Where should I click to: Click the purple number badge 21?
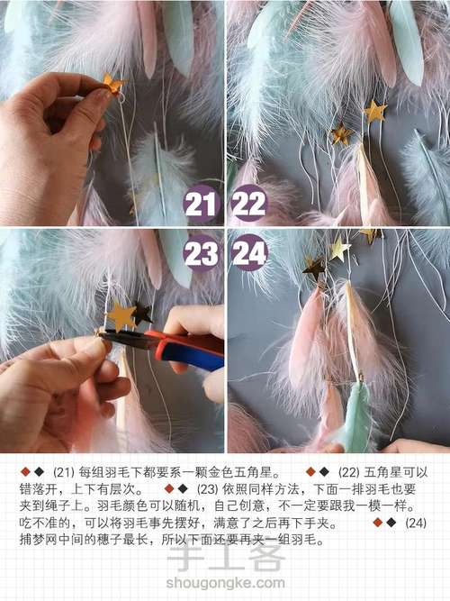[201, 204]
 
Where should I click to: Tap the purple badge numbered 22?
[249, 204]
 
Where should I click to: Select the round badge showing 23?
[201, 253]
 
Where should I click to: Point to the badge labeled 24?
[249, 253]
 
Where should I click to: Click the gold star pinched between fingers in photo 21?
[113, 85]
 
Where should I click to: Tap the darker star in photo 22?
[341, 135]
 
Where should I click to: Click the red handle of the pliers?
[184, 342]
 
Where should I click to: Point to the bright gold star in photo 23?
[121, 315]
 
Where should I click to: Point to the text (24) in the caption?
[415, 524]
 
